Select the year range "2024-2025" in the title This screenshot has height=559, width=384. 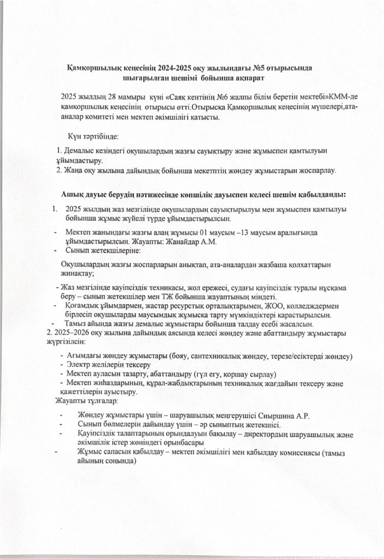point(179,68)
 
